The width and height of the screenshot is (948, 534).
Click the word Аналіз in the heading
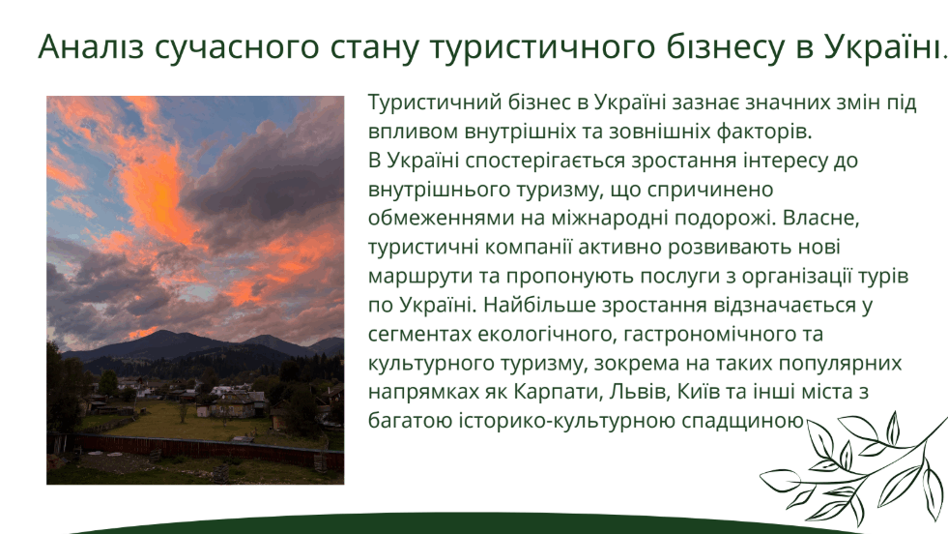point(91,46)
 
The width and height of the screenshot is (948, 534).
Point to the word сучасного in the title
point(237,47)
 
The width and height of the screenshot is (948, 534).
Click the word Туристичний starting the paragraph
point(435,103)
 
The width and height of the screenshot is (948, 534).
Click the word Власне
point(820,218)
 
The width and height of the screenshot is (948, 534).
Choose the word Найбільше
point(538,305)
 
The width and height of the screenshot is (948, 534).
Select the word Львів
point(637,392)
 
